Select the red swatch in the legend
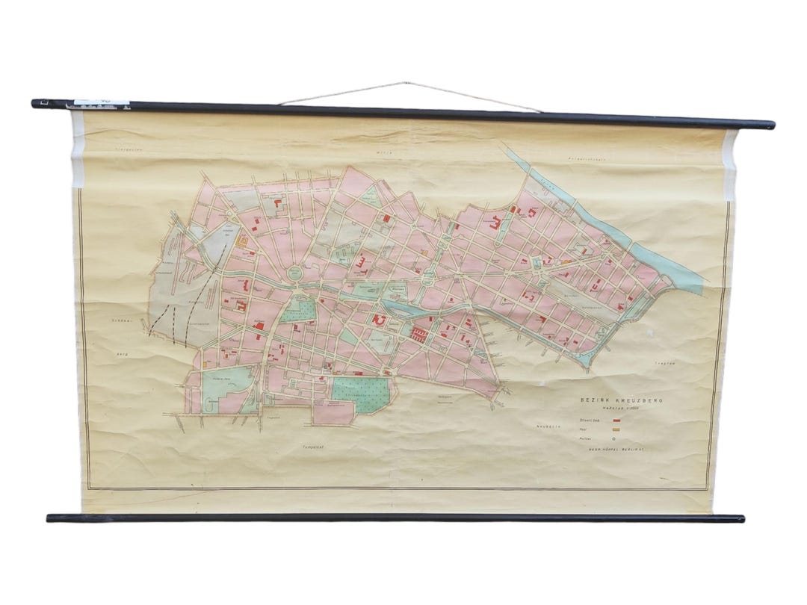616,421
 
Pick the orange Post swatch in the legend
616,430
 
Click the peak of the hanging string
406,83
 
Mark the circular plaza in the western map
297,274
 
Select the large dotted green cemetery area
361,392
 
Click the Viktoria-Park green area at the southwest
223,386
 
